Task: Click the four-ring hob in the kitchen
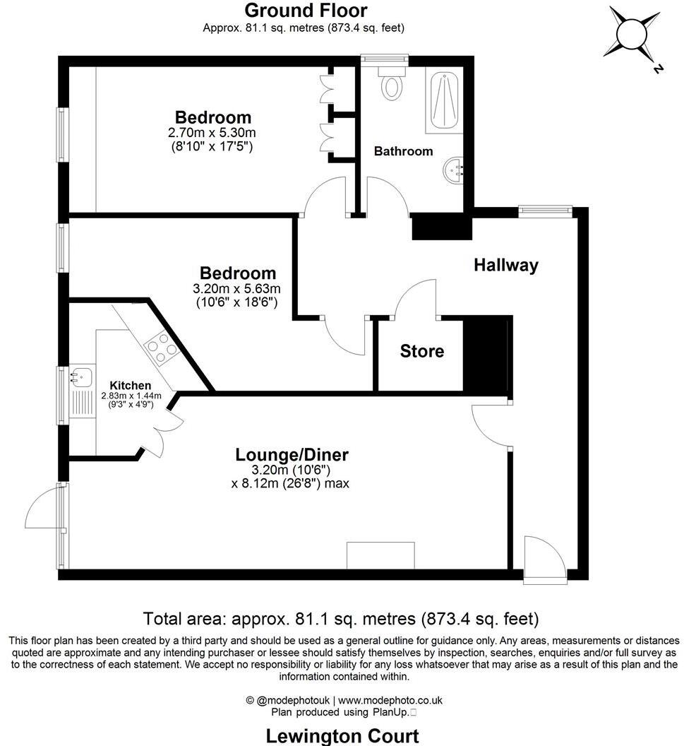162,347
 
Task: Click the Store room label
422,351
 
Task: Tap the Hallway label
505,265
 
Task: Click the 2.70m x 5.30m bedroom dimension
213,133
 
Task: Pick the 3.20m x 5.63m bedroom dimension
237,288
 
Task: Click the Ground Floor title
305,11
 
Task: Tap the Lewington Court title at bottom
342,735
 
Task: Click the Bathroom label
403,151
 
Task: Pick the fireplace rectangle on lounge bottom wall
380,555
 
